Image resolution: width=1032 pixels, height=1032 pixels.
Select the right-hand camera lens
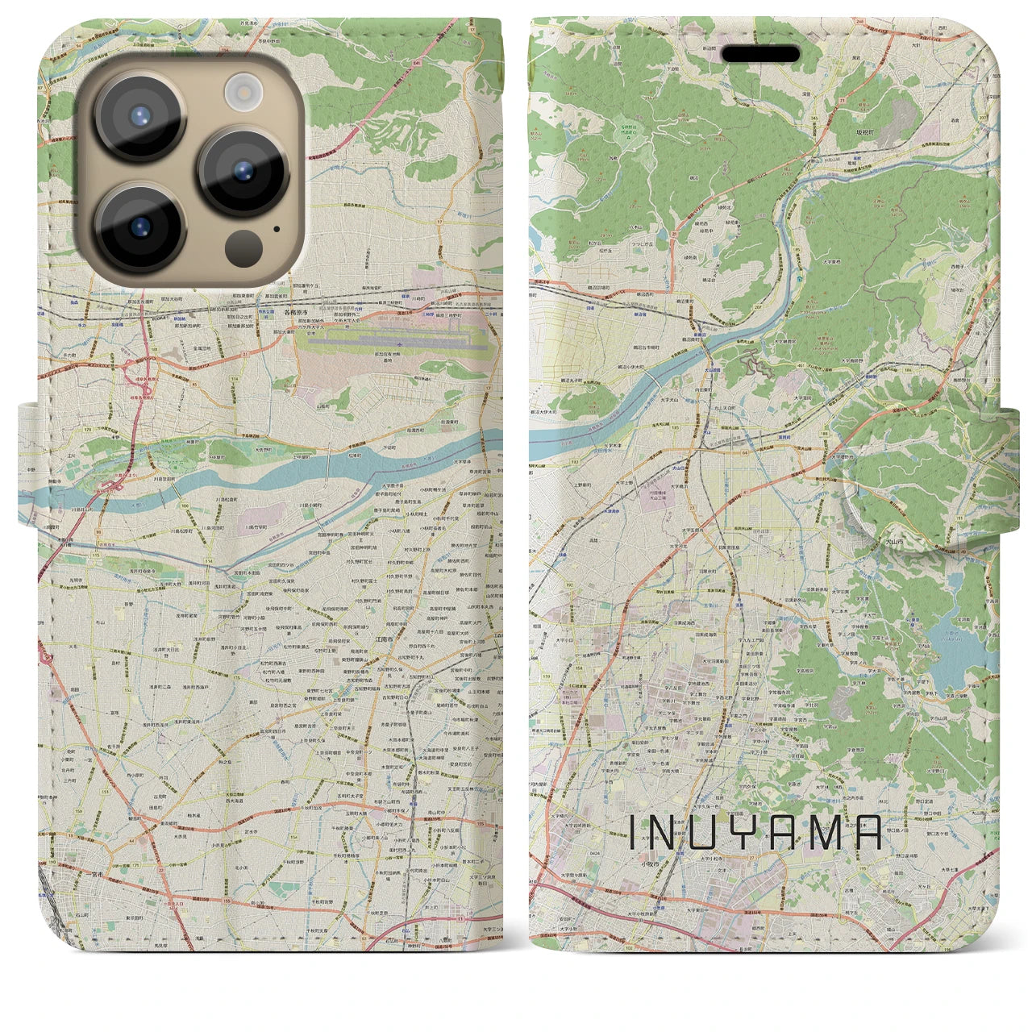pos(243,171)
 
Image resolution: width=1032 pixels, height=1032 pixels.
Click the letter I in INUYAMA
pos(631,833)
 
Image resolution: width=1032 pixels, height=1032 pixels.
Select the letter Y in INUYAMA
pos(740,833)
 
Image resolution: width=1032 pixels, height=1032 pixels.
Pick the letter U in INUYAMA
pos(702,833)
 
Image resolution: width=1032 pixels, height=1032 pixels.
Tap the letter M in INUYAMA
pos(820,833)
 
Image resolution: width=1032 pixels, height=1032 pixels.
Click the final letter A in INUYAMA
pos(864,833)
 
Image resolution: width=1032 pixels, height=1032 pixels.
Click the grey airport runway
pos(395,342)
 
